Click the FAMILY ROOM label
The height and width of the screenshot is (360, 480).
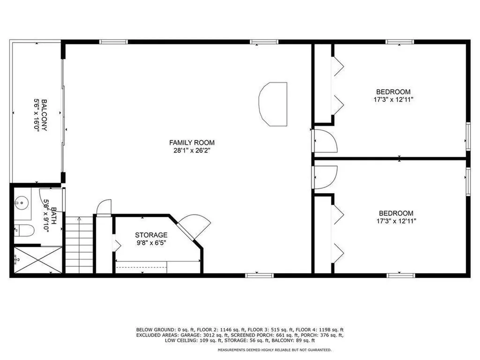(192, 142)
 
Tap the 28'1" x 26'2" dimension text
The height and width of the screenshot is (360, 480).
(192, 150)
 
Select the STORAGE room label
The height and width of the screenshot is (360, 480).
(151, 235)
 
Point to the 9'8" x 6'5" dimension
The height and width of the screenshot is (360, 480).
(151, 243)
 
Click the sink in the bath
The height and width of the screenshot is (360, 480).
(21, 203)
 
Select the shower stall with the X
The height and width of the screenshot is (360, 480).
(37, 260)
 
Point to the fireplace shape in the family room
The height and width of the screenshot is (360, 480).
(273, 104)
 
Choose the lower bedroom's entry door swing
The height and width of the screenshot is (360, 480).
(325, 177)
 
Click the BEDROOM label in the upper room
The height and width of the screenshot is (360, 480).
(393, 92)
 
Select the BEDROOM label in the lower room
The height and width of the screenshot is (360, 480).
(396, 213)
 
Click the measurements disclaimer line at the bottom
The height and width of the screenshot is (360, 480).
(274, 350)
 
